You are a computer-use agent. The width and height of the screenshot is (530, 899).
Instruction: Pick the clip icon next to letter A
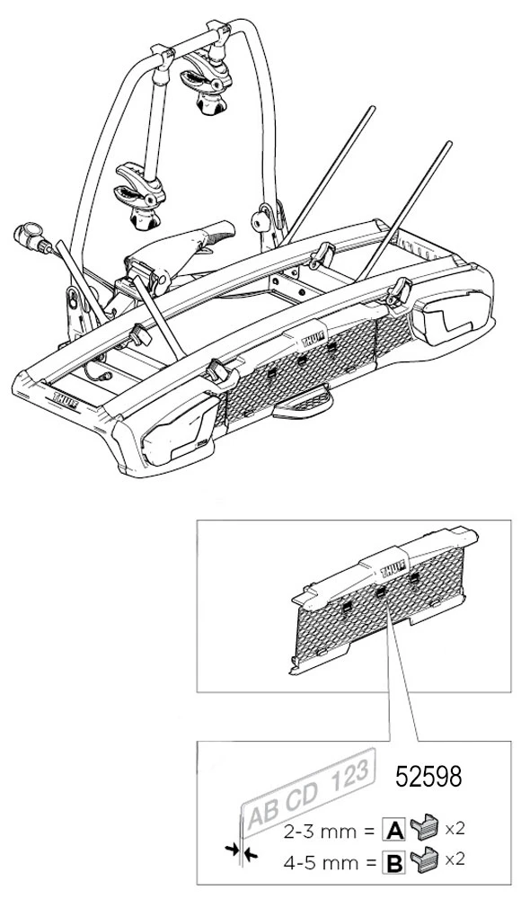[x=423, y=828]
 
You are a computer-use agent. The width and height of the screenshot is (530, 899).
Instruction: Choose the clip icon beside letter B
[x=423, y=859]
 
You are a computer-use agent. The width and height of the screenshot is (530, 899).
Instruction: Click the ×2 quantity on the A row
[x=454, y=829]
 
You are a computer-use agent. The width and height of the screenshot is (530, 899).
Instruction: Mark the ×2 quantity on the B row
[x=454, y=860]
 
